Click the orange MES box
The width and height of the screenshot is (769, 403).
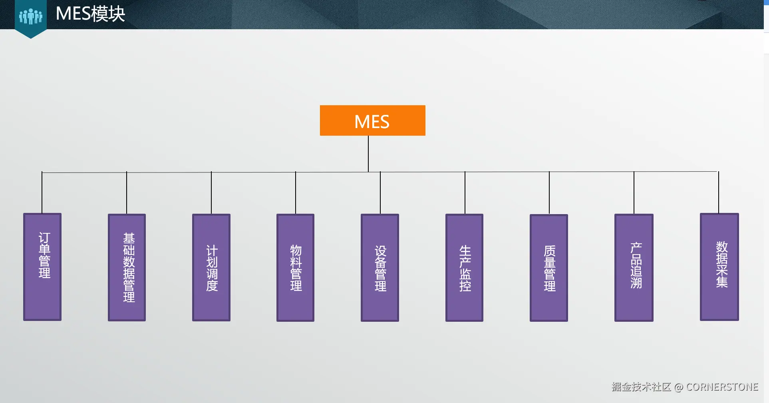372,120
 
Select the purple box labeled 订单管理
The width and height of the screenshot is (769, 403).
42,267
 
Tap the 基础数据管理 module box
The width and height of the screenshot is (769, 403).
127,267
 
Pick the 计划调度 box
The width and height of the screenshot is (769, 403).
211,267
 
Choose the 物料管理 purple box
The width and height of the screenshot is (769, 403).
296,267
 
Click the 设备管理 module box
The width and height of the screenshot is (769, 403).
380,267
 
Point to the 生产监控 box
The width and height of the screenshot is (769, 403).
464,267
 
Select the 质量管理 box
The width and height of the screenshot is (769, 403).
549,268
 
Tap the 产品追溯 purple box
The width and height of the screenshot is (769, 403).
634,267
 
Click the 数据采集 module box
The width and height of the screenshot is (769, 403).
719,267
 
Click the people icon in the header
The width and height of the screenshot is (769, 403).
31,16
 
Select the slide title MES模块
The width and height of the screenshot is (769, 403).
90,14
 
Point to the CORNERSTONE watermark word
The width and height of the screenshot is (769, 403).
722,387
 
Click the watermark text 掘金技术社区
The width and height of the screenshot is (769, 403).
641,387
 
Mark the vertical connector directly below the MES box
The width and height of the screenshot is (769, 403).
368,154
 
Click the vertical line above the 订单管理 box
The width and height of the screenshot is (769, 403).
42,192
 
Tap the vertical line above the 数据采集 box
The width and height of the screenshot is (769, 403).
719,192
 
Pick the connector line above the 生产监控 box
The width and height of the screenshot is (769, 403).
465,192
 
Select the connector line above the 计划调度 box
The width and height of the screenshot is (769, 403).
211,192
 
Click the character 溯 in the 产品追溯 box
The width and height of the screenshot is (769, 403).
636,283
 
